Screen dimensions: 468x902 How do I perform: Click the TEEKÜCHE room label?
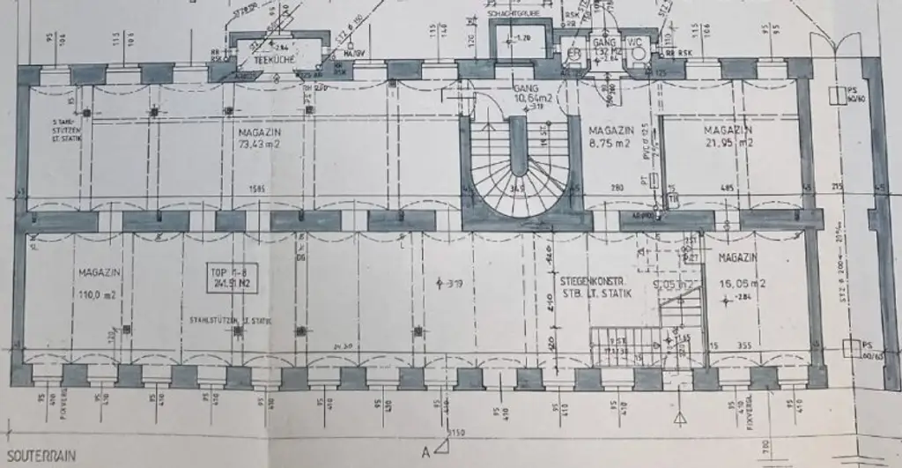(x=267, y=59)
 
